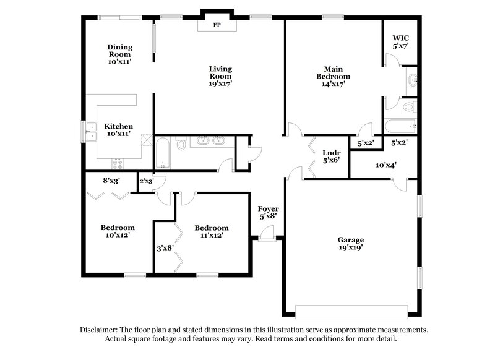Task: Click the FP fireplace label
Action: (217, 25)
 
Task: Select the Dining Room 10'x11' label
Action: (119, 54)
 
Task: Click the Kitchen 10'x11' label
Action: (118, 130)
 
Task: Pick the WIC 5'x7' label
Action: (400, 42)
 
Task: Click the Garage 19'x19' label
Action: (350, 243)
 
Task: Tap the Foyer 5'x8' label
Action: (267, 212)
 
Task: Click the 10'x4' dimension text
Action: (385, 165)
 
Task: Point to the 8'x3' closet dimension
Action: (111, 180)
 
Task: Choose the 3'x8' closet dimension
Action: (165, 248)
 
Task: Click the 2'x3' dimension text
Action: (146, 181)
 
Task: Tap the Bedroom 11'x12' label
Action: (211, 231)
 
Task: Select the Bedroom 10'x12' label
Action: (118, 231)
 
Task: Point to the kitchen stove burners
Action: (118, 164)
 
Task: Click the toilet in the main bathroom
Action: (408, 107)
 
